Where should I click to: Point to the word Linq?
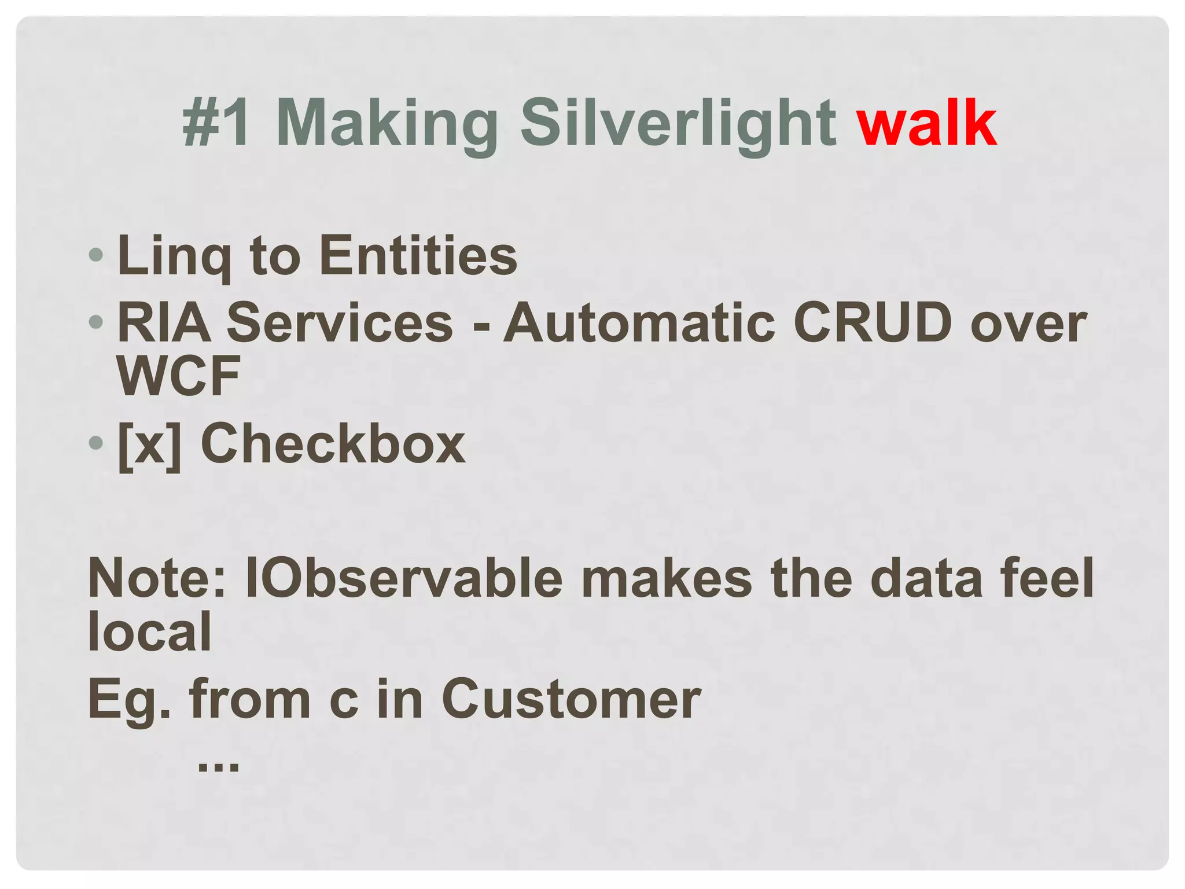pos(174,257)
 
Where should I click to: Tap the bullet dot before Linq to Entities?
pos(96,255)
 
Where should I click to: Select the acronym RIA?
pos(164,322)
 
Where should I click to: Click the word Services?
pos(340,322)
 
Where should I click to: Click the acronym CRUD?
pos(873,322)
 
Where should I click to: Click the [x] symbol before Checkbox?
pos(149,444)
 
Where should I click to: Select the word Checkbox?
pos(333,443)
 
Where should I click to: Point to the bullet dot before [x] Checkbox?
pos(96,443)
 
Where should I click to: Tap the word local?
pos(150,631)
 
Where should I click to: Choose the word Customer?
pos(571,699)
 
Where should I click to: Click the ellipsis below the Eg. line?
pos(218,766)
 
